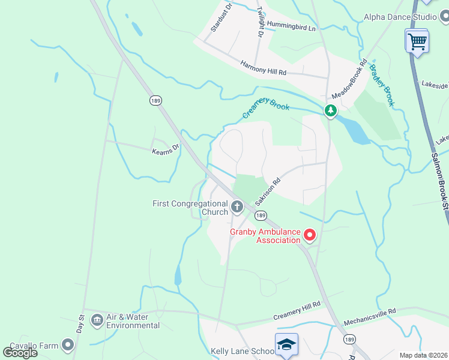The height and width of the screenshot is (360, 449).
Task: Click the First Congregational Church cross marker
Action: click(237, 208)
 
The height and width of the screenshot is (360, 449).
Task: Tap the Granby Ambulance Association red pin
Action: click(309, 235)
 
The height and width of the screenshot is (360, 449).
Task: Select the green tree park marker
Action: click(330, 110)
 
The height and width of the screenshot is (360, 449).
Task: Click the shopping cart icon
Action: click(417, 41)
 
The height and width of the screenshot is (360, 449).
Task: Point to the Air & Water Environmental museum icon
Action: click(96, 320)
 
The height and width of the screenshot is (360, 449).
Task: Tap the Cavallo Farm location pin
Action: click(67, 344)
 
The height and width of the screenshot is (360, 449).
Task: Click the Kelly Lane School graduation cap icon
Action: click(287, 344)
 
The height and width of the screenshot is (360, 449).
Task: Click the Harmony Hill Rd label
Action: click(264, 67)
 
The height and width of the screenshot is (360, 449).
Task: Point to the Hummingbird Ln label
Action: click(291, 28)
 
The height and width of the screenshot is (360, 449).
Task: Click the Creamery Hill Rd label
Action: click(297, 312)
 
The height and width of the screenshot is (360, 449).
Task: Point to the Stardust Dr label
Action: click(217, 20)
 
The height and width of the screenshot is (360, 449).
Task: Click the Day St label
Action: click(80, 324)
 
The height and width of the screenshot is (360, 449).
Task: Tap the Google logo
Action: click(20, 352)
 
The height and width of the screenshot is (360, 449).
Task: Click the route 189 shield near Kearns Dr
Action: click(155, 100)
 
